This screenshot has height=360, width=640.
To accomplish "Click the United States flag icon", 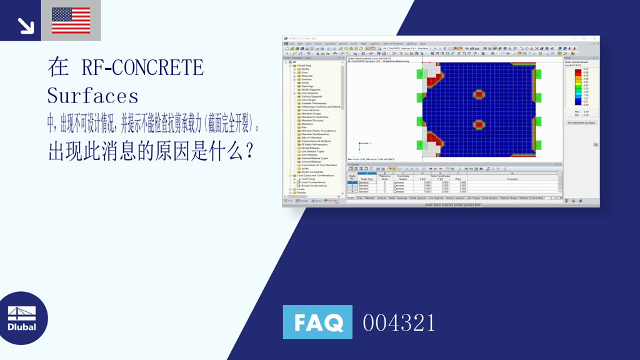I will tap(71, 21).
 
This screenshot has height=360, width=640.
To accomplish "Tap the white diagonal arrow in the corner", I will tap(26, 26).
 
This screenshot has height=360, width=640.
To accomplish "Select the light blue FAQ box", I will tap(317, 322).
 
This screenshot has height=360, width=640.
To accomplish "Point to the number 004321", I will tap(399, 322).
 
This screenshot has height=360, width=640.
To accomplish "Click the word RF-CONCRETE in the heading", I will tap(142, 67).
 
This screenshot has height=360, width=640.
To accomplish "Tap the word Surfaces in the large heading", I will tap(92, 96).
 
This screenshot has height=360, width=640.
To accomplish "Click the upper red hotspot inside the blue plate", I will tap(479, 95).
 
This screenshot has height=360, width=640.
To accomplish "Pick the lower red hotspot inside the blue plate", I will tap(479, 124).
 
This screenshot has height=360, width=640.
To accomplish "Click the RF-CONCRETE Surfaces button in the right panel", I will tap(581, 122).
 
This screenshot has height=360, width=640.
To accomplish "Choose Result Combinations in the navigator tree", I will tap(314, 186).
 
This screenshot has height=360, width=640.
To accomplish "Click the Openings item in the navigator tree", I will tap(307, 86).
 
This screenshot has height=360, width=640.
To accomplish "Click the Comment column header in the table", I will tap(512, 179).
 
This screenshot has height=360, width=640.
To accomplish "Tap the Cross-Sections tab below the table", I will tap(489, 197).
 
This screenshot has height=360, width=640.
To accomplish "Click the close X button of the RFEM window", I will tap(596, 38).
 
